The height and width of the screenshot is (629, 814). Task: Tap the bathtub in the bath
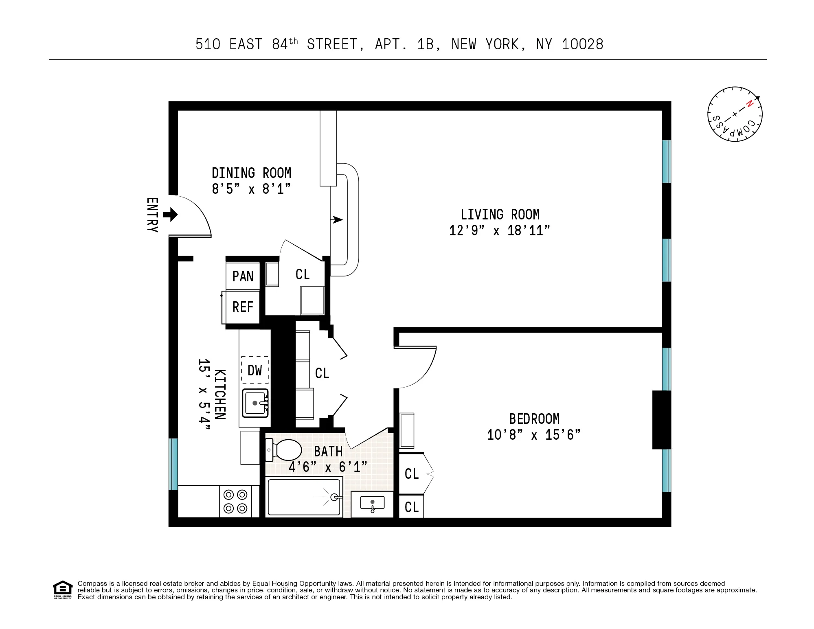[x=304, y=497]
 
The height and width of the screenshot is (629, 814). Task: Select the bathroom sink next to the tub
[x=372, y=504]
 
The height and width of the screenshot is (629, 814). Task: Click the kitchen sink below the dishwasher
[x=255, y=403]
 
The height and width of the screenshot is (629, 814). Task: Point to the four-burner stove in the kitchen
[x=235, y=502]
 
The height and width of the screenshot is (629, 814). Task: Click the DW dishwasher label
[x=255, y=370]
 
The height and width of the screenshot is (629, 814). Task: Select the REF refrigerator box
[x=243, y=307]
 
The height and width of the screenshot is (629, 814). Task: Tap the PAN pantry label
[x=243, y=276]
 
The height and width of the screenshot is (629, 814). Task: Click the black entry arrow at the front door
[x=171, y=214]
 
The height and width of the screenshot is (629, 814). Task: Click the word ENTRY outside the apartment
[x=152, y=215]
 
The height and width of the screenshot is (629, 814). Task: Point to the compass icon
[x=735, y=114]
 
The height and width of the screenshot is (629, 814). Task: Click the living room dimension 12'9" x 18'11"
[x=499, y=231]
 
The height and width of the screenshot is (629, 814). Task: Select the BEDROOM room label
[x=534, y=419]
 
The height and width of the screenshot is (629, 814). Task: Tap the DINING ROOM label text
[x=251, y=173]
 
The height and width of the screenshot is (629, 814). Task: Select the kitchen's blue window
[x=173, y=464]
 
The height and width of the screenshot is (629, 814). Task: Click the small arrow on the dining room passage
[x=336, y=220]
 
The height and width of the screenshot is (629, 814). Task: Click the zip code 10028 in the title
[x=582, y=44]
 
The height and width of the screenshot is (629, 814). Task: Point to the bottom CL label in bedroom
[x=412, y=507]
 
